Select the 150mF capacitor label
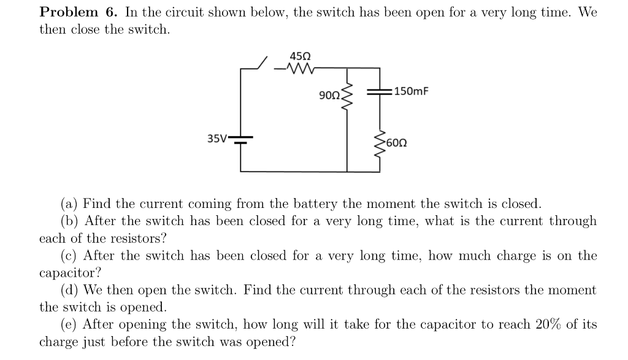(412, 92)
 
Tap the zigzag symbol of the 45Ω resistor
(299, 69)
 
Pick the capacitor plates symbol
(379, 92)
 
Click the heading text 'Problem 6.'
(78, 12)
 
